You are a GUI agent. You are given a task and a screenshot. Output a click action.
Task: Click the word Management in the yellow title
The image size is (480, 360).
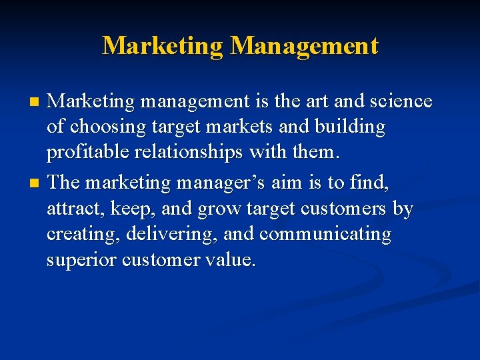(x=304, y=46)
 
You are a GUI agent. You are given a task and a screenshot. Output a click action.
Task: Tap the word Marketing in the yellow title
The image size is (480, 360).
(x=163, y=46)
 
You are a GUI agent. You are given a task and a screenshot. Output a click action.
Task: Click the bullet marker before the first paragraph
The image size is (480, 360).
(x=36, y=103)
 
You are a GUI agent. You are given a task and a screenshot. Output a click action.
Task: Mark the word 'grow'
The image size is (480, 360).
(x=221, y=210)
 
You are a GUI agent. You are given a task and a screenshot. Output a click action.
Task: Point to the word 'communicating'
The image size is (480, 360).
(x=325, y=235)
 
